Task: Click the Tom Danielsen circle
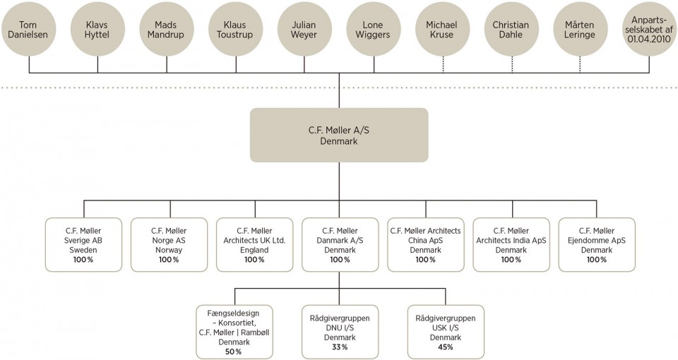(28, 30)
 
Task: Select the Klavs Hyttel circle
(97, 30)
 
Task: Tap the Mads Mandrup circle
(167, 30)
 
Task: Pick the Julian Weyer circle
(304, 30)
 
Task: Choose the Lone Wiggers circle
(373, 30)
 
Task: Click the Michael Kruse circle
(442, 30)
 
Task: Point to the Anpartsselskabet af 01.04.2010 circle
(650, 30)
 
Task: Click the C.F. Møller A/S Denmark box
(339, 135)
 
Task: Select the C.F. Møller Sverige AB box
(83, 245)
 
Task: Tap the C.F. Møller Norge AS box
(169, 245)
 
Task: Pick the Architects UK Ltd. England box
(255, 245)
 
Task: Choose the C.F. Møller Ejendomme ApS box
(597, 245)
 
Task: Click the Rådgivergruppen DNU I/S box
(340, 332)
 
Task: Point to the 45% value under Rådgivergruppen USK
(446, 347)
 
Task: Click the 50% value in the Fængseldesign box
(234, 352)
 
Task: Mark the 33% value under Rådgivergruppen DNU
(340, 347)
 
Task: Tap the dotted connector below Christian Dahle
(512, 64)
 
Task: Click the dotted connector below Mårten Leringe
(581, 64)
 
